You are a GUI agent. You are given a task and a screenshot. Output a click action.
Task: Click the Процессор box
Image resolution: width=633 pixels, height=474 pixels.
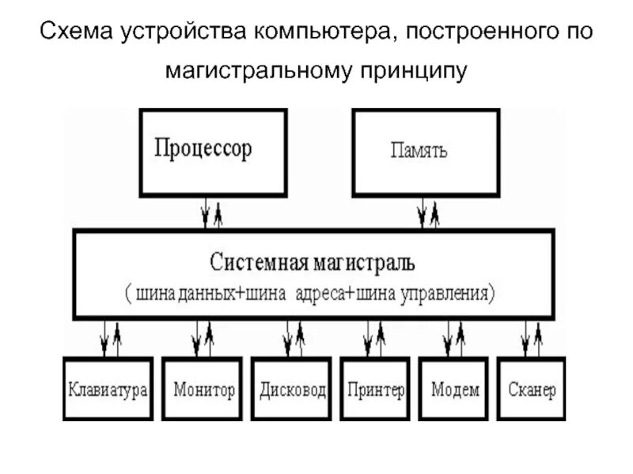[x=214, y=151]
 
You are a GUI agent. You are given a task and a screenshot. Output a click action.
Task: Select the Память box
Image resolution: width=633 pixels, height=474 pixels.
[x=426, y=151]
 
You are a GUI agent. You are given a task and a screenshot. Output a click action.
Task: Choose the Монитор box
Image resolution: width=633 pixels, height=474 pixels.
[x=203, y=390]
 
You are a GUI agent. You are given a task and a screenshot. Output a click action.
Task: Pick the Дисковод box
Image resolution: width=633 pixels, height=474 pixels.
[x=292, y=390]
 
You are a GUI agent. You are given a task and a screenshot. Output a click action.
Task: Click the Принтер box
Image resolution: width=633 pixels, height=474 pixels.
[x=376, y=390]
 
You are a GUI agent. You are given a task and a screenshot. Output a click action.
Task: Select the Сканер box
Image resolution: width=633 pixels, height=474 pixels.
[x=532, y=390]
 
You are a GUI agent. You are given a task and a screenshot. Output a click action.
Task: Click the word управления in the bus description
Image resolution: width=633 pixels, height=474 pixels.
[x=448, y=292]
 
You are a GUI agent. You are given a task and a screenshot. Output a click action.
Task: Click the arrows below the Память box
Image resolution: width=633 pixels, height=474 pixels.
[x=428, y=213]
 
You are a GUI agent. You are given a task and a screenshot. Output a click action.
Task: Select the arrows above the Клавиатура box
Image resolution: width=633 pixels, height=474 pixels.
[x=111, y=338]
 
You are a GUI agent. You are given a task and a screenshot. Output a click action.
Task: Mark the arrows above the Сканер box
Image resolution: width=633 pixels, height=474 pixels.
[x=531, y=338]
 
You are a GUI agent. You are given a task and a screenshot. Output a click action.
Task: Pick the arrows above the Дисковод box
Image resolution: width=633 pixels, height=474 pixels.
[x=294, y=338]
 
